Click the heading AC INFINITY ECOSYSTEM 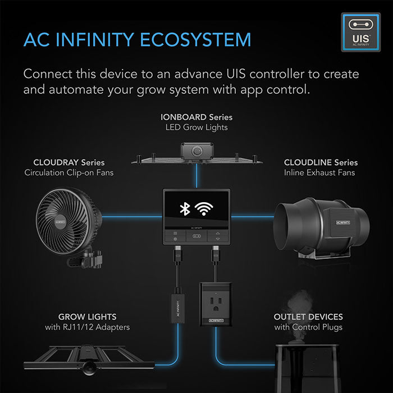click(137, 40)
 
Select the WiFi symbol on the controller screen click(207, 209)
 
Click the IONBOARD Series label click(195, 117)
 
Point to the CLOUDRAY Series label click(69, 162)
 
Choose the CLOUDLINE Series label click(321, 162)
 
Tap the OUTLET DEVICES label click(308, 317)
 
